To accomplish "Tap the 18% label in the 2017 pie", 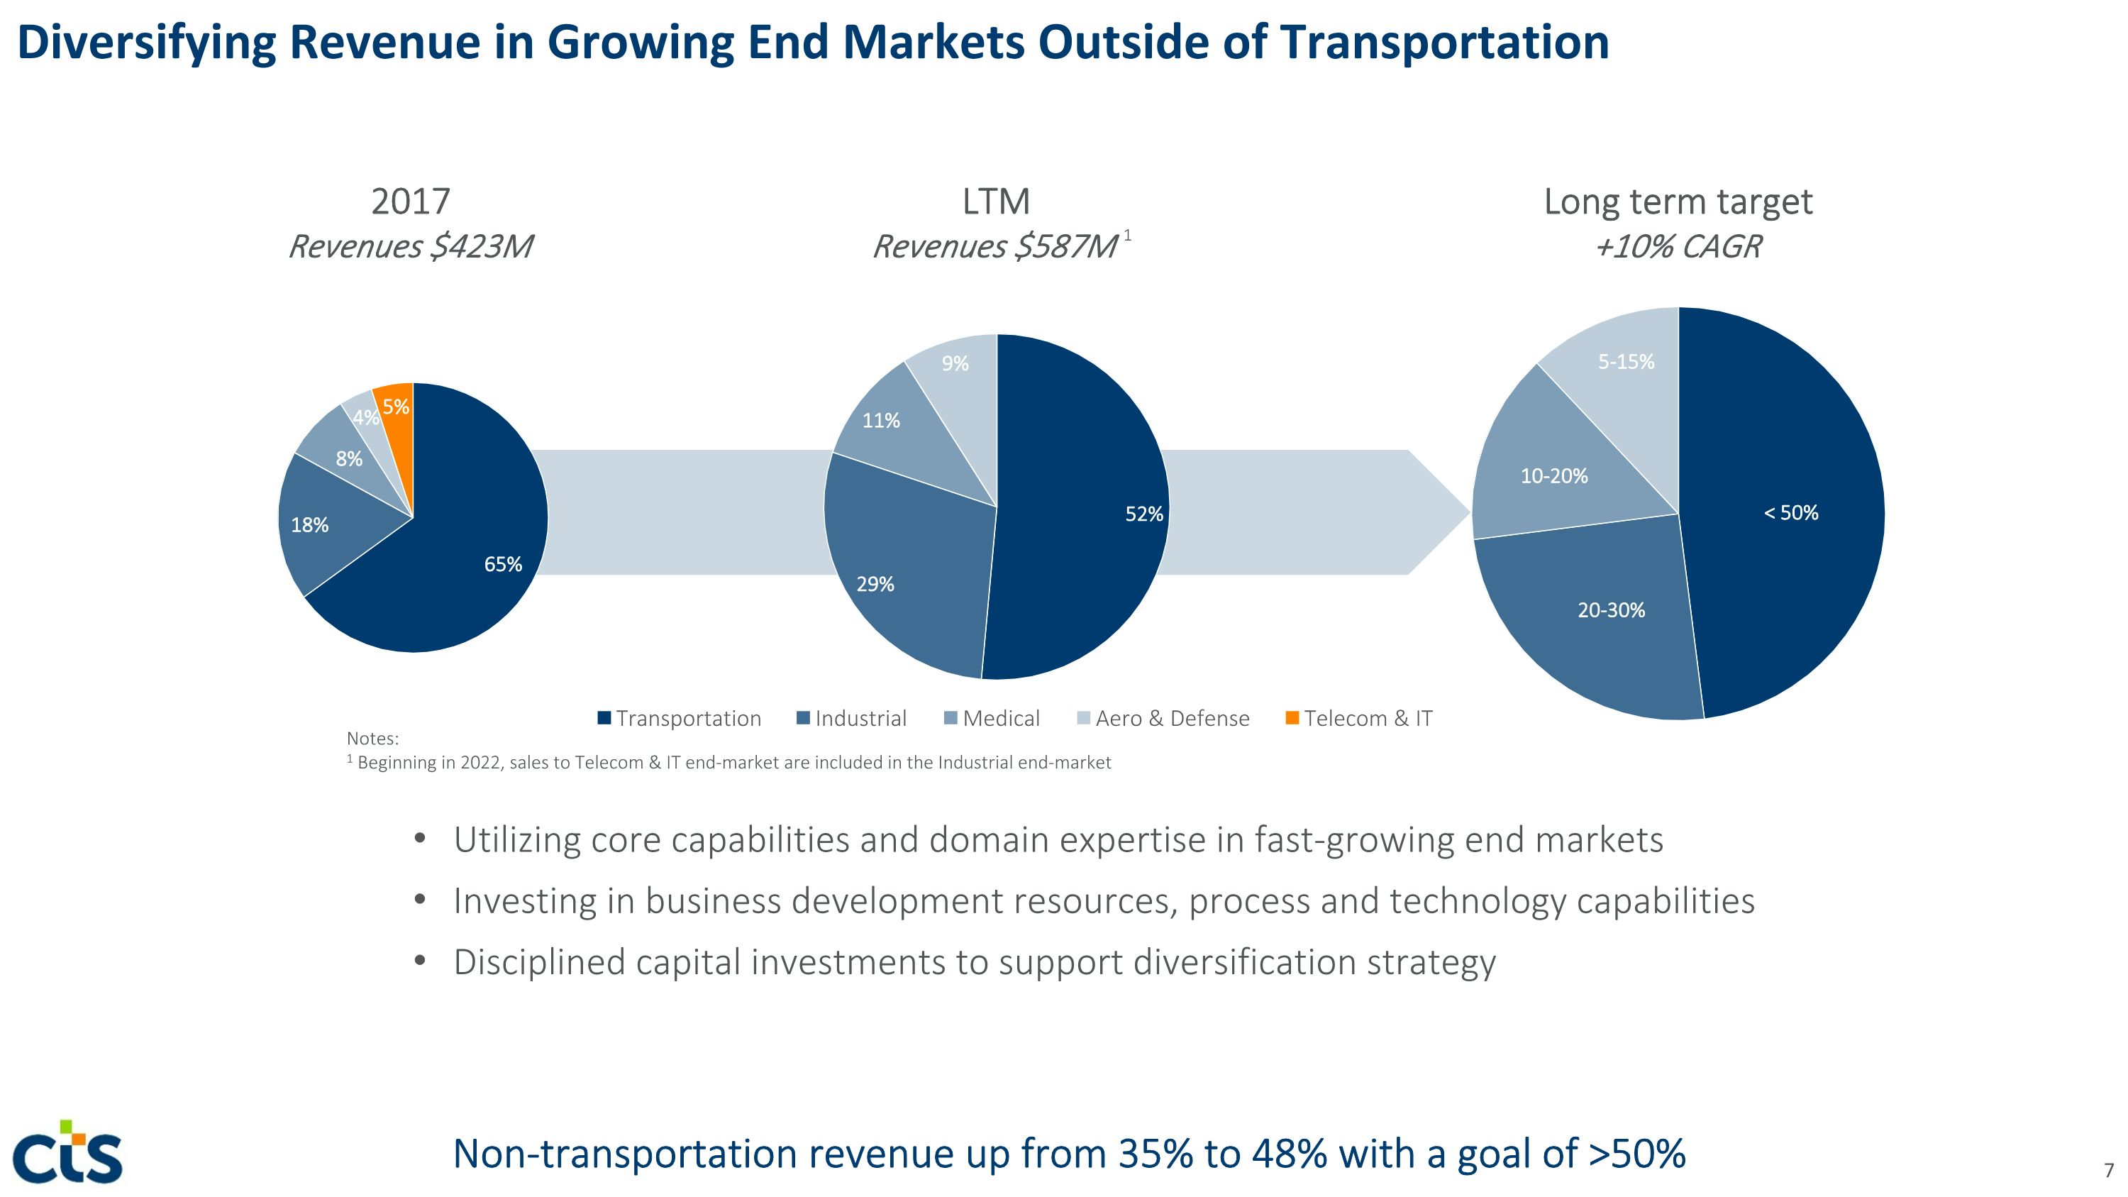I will tap(310, 525).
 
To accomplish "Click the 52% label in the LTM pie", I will tap(1144, 514).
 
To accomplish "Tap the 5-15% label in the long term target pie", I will tap(1626, 362).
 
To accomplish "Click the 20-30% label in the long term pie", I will tap(1611, 610).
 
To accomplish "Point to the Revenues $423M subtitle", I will tap(411, 247).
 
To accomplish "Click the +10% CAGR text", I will tap(1678, 247).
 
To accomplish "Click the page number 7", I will tap(2108, 1171).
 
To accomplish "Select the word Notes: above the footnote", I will tap(372, 739).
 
